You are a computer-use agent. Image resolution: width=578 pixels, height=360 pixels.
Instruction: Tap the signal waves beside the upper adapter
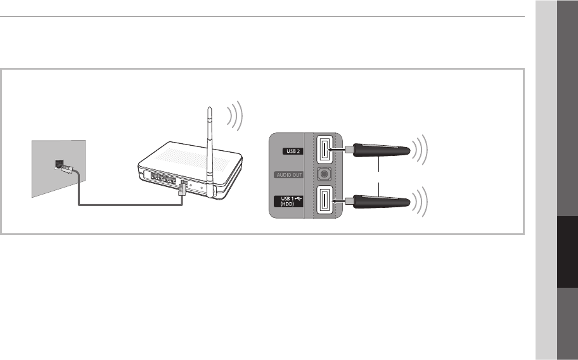coord(420,150)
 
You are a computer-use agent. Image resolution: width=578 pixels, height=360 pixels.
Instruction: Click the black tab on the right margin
coord(567,254)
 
